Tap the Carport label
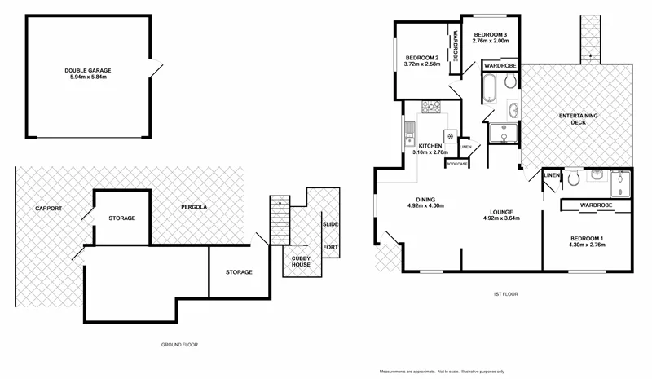(48, 208)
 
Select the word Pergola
(194, 208)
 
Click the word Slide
(331, 223)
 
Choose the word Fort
(331, 247)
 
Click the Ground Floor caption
(179, 345)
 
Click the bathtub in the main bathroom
(489, 89)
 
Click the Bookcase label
(456, 165)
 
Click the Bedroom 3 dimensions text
(490, 40)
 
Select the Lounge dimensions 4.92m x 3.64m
(501, 218)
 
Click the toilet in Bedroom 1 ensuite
(575, 177)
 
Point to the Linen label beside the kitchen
(465, 148)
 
